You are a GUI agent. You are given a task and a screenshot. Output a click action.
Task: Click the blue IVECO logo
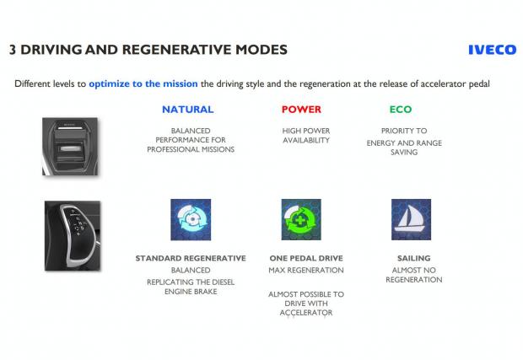point(493,50)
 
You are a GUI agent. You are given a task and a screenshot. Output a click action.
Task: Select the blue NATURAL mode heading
point(188,110)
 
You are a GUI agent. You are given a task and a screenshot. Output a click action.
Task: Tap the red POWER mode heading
point(301,110)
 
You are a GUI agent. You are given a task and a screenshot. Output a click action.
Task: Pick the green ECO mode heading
point(401,110)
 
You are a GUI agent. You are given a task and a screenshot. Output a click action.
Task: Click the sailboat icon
point(411,220)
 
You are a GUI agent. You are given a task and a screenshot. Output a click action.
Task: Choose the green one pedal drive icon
point(301,220)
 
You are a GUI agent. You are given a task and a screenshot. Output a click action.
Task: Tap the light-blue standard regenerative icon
point(191,220)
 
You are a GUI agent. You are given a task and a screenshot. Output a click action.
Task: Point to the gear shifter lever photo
point(73,236)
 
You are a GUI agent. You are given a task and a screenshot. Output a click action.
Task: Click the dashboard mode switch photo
point(70,147)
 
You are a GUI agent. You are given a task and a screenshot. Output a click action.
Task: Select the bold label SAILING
point(414,258)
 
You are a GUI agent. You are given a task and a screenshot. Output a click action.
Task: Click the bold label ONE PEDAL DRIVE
point(306,258)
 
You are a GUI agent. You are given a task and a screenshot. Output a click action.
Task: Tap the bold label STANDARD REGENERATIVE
point(191,258)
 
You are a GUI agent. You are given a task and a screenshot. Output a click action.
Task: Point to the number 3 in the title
point(13,50)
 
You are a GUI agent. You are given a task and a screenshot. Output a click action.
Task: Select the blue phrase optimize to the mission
point(143,83)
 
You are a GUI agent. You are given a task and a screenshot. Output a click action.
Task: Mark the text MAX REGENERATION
point(306,271)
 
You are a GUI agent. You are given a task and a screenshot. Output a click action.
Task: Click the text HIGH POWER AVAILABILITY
point(306,136)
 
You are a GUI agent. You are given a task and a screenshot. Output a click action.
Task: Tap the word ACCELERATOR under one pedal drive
point(306,313)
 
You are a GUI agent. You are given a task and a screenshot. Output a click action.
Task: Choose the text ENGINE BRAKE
point(191,292)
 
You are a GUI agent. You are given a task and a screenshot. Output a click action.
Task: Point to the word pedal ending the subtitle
point(479,83)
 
